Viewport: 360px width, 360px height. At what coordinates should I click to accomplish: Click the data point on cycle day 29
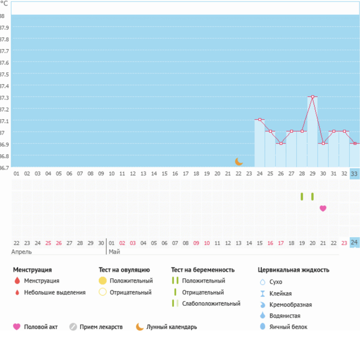tap(312, 97)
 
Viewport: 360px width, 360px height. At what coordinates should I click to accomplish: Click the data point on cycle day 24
tap(259, 120)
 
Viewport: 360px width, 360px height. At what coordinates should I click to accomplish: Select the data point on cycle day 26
tap(281, 143)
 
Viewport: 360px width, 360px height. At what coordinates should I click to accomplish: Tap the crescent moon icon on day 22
tap(239, 161)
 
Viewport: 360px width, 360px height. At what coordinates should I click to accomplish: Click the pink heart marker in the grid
tap(323, 208)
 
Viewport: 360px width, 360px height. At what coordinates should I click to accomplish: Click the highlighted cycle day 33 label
tap(354, 173)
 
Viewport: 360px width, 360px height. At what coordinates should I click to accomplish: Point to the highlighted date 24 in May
tap(354, 242)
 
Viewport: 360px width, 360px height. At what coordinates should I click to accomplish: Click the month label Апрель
tap(21, 252)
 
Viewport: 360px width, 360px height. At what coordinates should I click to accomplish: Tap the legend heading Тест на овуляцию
tap(124, 270)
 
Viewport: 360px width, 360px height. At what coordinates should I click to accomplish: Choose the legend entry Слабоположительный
tap(211, 303)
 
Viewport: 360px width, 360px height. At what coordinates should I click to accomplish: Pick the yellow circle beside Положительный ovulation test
tap(103, 281)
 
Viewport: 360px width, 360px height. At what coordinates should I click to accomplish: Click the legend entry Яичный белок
tap(288, 327)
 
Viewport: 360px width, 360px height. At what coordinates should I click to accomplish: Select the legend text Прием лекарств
tap(101, 327)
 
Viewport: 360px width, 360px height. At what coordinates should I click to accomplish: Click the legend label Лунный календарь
tap(172, 327)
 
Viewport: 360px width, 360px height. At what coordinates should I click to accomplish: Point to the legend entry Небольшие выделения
tap(55, 292)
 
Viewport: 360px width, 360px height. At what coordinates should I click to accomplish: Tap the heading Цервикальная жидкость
tap(293, 270)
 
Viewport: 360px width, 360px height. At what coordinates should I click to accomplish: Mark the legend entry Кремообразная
tap(290, 304)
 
